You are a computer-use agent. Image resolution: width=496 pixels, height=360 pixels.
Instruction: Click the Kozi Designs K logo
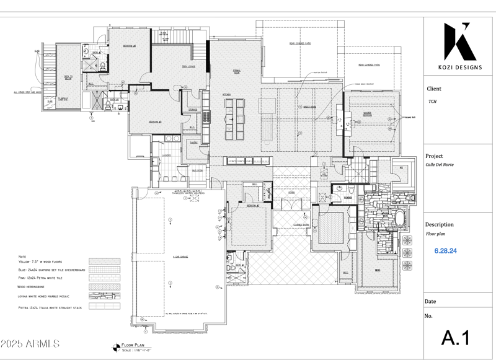(x=459, y=42)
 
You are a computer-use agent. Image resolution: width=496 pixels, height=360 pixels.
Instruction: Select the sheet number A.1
(x=456, y=338)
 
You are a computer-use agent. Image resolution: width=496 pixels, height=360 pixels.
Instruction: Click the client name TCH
(x=432, y=102)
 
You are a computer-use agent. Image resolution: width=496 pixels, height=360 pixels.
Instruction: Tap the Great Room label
(x=309, y=107)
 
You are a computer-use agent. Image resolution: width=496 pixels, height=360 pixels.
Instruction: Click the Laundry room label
(x=166, y=156)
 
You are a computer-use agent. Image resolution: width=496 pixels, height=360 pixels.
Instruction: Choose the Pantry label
(x=193, y=142)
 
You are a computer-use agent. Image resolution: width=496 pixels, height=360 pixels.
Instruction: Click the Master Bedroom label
(x=367, y=115)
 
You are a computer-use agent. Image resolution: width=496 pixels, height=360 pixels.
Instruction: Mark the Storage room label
(x=193, y=110)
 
